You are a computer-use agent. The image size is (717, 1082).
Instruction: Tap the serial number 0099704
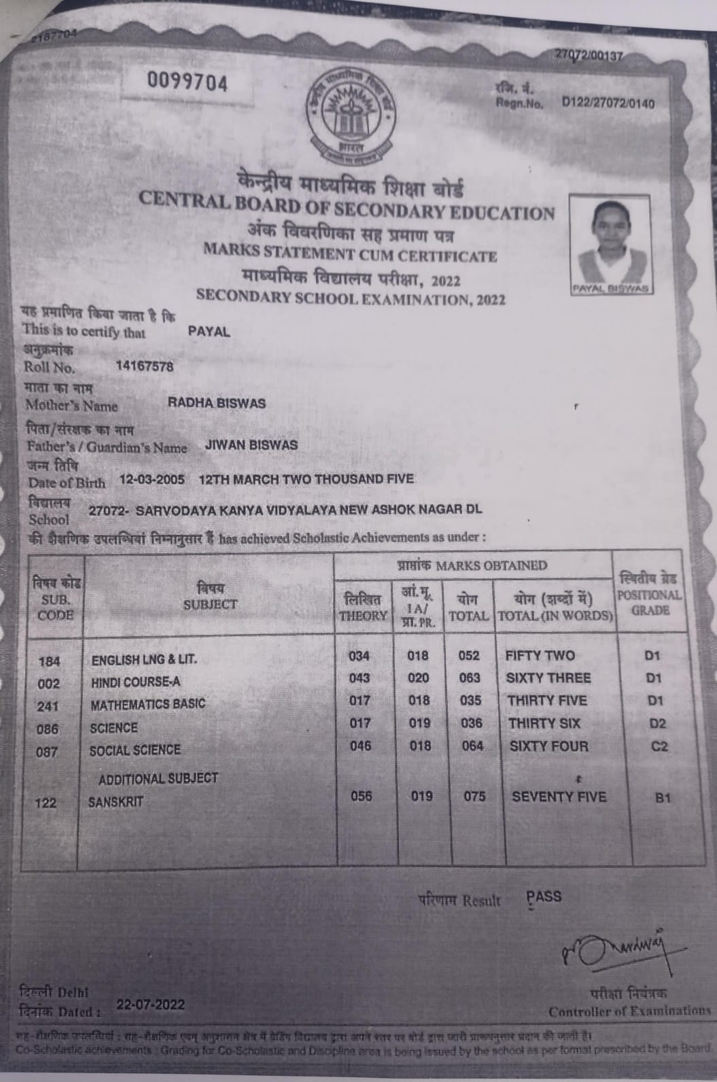(x=188, y=84)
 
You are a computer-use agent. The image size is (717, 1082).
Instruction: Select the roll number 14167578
(x=144, y=367)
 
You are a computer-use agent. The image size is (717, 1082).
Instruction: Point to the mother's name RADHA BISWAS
(x=216, y=403)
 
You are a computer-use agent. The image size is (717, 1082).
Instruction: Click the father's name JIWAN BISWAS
(x=251, y=445)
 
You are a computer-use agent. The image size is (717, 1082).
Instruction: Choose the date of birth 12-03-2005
(x=152, y=479)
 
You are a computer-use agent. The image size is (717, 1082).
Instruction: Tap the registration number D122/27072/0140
(x=608, y=103)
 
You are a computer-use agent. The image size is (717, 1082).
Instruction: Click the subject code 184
(x=49, y=661)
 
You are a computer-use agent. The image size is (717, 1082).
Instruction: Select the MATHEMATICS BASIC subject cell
(x=147, y=704)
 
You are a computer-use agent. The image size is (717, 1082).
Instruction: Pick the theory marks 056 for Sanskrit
(x=361, y=796)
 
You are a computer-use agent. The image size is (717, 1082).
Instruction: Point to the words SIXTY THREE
(x=548, y=678)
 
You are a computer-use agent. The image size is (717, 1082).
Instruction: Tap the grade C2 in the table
(x=659, y=746)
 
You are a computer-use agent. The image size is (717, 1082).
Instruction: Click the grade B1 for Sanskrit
(x=663, y=798)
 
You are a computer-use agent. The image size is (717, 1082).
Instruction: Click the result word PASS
(x=544, y=896)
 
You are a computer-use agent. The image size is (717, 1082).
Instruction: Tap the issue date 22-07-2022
(x=150, y=1005)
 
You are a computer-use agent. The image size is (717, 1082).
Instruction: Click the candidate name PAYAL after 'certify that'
(x=209, y=332)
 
